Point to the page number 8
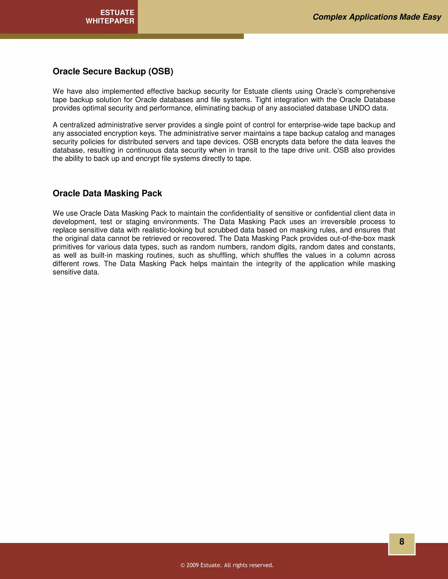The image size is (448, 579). pyautogui.click(x=402, y=541)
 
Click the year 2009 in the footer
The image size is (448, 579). pyautogui.click(x=192, y=565)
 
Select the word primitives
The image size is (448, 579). pyautogui.click(x=68, y=247)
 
